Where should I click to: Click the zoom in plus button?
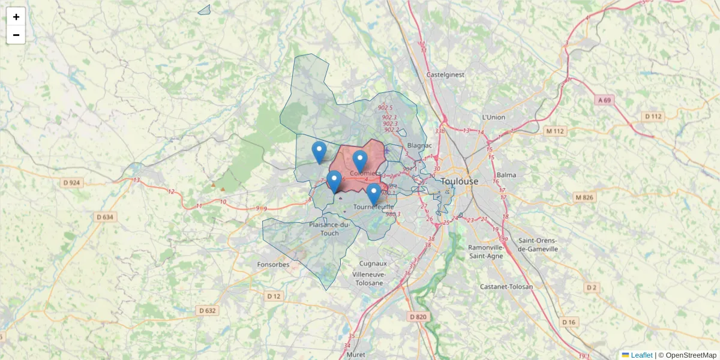pyautogui.click(x=16, y=17)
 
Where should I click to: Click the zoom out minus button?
pyautogui.click(x=16, y=35)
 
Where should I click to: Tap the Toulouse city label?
pyautogui.click(x=460, y=181)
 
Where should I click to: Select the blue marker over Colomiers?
pyautogui.click(x=360, y=161)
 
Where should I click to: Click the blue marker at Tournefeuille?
pyautogui.click(x=374, y=194)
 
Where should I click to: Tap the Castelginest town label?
pyautogui.click(x=445, y=75)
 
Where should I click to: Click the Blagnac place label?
pyautogui.click(x=419, y=145)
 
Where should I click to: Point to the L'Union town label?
pyautogui.click(x=494, y=117)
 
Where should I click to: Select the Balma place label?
pyautogui.click(x=506, y=175)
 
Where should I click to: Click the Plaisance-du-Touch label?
pyautogui.click(x=329, y=229)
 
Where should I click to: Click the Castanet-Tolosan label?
pyautogui.click(x=506, y=287)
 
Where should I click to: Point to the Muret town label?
pyautogui.click(x=356, y=355)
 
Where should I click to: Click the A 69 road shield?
pyautogui.click(x=605, y=101)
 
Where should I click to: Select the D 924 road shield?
pyautogui.click(x=71, y=182)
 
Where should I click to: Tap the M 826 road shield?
pyautogui.click(x=584, y=197)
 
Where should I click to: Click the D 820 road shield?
pyautogui.click(x=418, y=316)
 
